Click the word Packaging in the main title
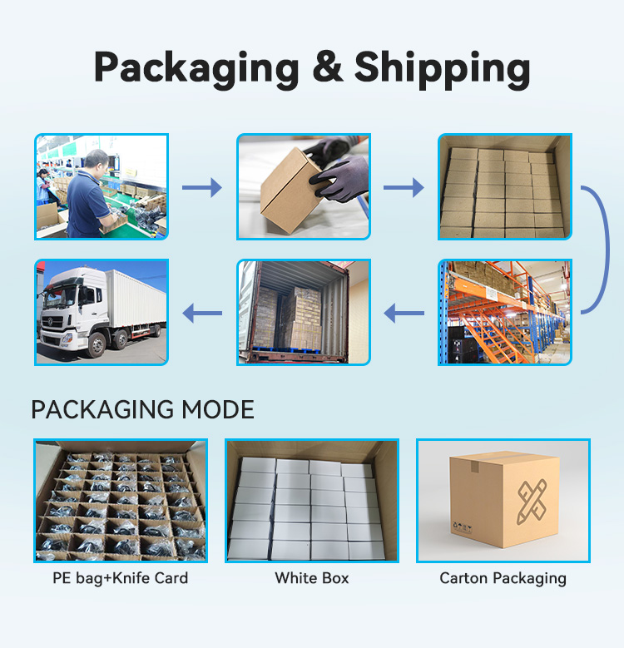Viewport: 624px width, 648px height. [x=196, y=69]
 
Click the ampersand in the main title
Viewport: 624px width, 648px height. [x=328, y=67]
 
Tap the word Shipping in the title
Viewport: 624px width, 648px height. [x=442, y=69]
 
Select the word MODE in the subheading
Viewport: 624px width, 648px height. [x=218, y=409]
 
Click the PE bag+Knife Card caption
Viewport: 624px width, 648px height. [x=121, y=578]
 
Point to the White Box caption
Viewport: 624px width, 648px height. [x=312, y=578]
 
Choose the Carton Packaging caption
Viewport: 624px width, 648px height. [x=503, y=578]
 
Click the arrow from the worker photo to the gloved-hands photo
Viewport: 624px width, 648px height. [x=202, y=188]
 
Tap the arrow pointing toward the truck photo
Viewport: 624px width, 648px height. [x=202, y=313]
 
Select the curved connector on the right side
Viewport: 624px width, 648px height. [x=607, y=250]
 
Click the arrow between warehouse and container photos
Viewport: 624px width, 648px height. [x=404, y=313]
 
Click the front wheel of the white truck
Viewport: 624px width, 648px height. [x=97, y=344]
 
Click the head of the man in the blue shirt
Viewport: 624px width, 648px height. [x=97, y=162]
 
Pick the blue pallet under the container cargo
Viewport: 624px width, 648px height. [x=285, y=351]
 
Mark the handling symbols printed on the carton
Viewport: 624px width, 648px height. [x=463, y=527]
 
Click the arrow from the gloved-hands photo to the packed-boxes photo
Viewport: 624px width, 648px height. [x=404, y=188]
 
